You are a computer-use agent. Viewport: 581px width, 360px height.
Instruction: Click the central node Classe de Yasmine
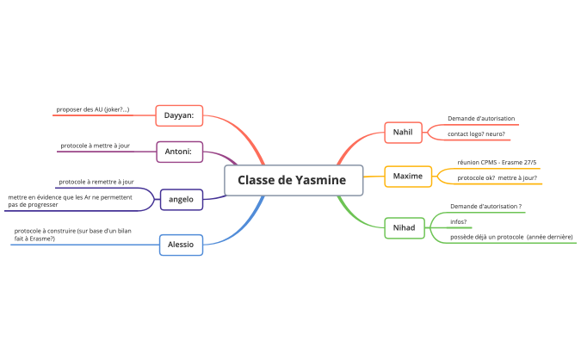pyautogui.click(x=292, y=180)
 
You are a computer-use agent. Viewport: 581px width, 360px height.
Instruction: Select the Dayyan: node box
pyautogui.click(x=179, y=115)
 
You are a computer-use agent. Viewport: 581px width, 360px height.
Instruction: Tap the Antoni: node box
pyautogui.click(x=179, y=152)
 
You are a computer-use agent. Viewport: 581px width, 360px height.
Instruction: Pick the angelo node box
pyautogui.click(x=181, y=200)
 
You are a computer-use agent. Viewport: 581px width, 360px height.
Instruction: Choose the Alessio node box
pyautogui.click(x=181, y=245)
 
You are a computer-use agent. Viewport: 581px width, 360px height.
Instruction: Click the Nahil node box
pyautogui.click(x=403, y=133)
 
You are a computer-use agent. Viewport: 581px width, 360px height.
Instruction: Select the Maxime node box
pyautogui.click(x=408, y=176)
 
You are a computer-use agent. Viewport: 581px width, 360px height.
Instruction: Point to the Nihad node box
pyautogui.click(x=404, y=228)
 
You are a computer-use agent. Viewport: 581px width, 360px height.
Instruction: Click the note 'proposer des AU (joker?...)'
pyautogui.click(x=93, y=109)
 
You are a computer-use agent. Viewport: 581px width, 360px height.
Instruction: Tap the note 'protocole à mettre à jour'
pyautogui.click(x=95, y=146)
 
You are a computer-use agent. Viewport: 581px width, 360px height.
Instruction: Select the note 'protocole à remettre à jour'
pyautogui.click(x=96, y=182)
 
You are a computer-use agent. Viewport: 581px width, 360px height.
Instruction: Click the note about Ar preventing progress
pyautogui.click(x=70, y=202)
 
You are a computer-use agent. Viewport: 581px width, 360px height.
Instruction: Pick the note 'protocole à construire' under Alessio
pyautogui.click(x=72, y=234)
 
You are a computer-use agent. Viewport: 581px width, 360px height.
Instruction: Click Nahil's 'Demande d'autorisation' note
pyautogui.click(x=481, y=119)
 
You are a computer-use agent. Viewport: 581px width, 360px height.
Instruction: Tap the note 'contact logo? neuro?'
pyautogui.click(x=476, y=134)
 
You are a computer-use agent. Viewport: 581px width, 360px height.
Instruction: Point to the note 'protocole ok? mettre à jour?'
pyautogui.click(x=497, y=177)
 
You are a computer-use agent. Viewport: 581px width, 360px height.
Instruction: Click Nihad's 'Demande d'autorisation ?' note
pyautogui.click(x=486, y=207)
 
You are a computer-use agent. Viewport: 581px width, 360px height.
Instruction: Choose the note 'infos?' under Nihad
pyautogui.click(x=459, y=222)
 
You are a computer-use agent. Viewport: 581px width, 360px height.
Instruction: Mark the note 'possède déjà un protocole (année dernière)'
pyautogui.click(x=511, y=237)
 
